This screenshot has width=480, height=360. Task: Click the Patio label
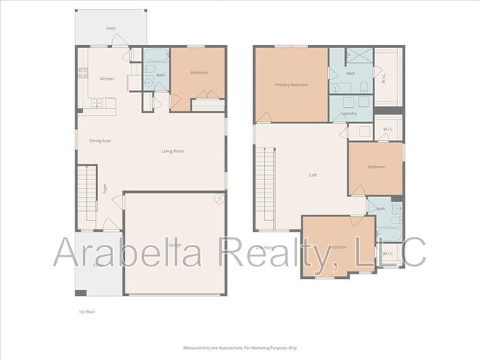click(111, 28)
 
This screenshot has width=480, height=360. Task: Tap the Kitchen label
click(107, 79)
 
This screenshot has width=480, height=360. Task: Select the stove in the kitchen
click(82, 73)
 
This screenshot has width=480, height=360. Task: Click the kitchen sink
click(97, 103)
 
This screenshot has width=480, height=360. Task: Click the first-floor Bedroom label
click(199, 72)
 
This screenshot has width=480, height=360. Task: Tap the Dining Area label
click(100, 140)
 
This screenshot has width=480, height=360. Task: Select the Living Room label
click(173, 151)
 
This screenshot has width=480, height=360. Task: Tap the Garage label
click(174, 243)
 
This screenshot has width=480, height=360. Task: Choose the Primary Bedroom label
click(291, 85)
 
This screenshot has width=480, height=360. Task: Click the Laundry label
click(350, 114)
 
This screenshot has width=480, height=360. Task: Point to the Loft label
click(313, 175)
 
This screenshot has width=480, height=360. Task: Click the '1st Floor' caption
click(86, 311)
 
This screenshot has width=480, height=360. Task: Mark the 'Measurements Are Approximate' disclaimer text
click(240, 347)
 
